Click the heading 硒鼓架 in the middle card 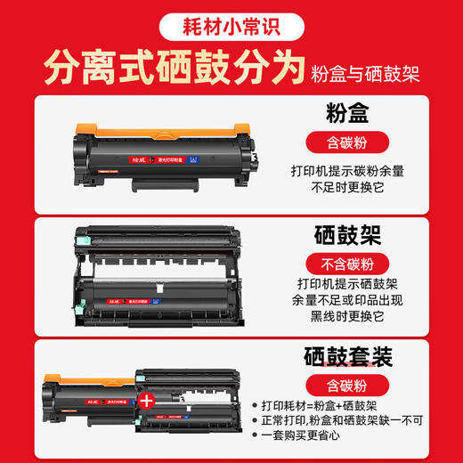point(347,236)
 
